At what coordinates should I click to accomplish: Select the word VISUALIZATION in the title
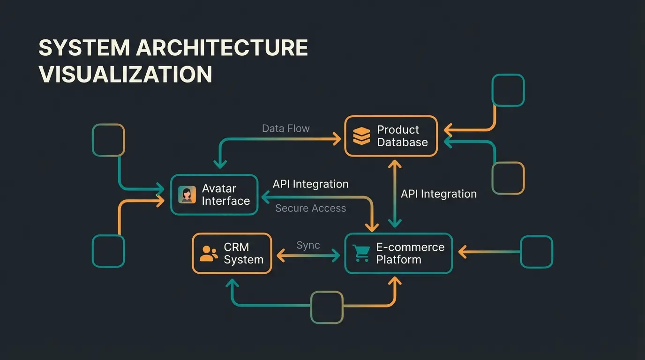pos(125,75)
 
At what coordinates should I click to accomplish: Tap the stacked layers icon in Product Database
pos(361,136)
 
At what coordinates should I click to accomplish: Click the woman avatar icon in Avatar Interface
pos(187,195)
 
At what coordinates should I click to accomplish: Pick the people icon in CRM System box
pos(209,254)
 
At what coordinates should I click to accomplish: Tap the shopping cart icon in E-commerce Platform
pos(361,253)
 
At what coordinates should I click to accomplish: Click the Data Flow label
pos(285,128)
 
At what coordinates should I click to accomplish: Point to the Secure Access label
pos(310,208)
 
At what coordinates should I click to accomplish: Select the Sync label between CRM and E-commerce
pos(308,245)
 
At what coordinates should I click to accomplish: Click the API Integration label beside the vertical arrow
pos(438,194)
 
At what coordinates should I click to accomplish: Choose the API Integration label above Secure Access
pos(310,184)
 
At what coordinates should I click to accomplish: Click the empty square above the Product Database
pos(508,90)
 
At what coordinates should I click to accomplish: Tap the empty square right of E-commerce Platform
pos(537,252)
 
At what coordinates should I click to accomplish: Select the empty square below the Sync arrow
pos(327,307)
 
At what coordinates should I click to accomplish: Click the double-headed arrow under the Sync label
pos(308,255)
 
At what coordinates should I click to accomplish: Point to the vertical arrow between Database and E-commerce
pos(395,193)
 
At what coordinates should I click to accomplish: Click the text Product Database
pos(402,136)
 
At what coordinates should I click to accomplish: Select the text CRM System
pos(243,254)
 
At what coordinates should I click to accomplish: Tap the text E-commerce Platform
pos(410,254)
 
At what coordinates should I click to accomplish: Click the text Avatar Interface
pos(225,195)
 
